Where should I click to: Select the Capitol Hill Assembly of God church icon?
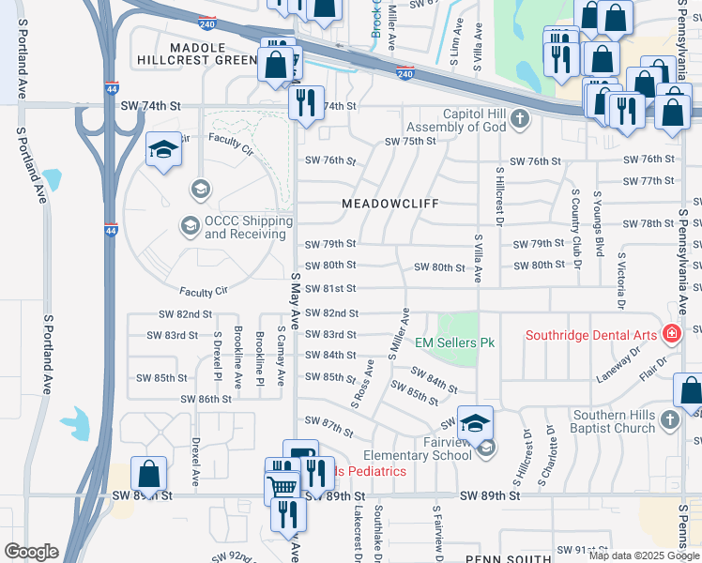(521, 118)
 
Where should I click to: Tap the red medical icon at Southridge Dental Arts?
(671, 334)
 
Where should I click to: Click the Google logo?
(31, 551)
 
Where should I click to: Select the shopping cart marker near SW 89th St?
(282, 485)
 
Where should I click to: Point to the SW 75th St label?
(410, 141)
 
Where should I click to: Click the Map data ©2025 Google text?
(643, 555)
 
